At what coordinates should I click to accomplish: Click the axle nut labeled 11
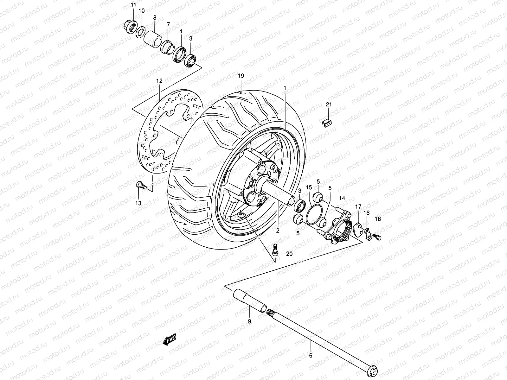(129, 24)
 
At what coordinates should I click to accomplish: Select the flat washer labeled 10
(141, 32)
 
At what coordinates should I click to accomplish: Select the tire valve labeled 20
(276, 250)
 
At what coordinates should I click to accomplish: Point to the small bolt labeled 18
(378, 235)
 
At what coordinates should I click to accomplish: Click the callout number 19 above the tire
(241, 76)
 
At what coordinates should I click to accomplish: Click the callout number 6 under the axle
(311, 356)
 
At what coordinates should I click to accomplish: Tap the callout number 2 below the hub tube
(278, 231)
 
